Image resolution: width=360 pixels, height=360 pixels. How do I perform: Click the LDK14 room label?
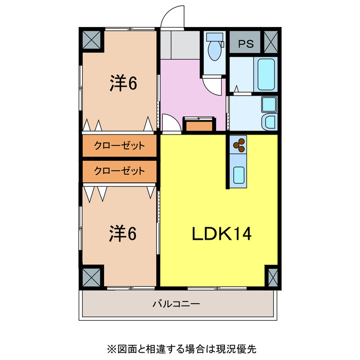[x=219, y=233]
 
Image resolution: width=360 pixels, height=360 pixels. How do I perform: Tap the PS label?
[x=245, y=43]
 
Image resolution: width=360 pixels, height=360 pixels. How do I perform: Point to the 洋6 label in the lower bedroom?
[x=123, y=233]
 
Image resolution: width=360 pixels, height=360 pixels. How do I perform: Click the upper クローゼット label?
[x=119, y=146]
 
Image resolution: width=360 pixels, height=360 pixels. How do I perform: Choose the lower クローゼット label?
[x=119, y=170]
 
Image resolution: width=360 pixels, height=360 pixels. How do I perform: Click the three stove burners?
[x=239, y=145]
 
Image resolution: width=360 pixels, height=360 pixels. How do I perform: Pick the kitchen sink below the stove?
[x=239, y=175]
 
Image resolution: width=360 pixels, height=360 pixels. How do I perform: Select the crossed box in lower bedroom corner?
[x=92, y=276]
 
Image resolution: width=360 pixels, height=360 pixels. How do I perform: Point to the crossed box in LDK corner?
[x=272, y=276]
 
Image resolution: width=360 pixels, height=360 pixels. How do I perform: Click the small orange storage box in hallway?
[x=199, y=125]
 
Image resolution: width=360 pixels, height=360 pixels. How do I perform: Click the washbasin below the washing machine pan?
[x=269, y=121]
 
